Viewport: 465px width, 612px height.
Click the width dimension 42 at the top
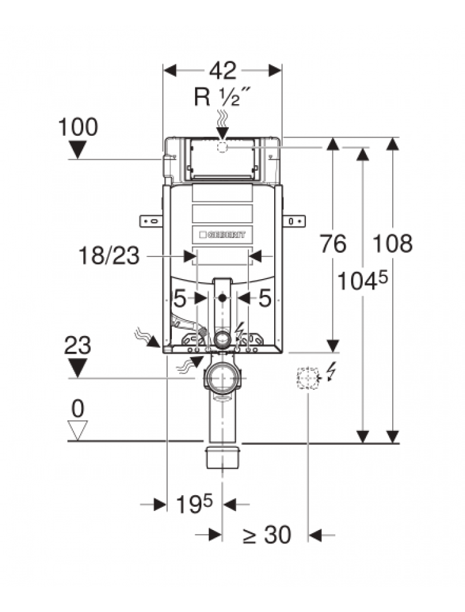point(222,71)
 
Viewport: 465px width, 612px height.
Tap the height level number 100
point(78,128)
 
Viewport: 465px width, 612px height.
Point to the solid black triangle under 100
point(78,149)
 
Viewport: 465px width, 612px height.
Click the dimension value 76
point(333,244)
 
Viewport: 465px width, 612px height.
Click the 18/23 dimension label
point(108,256)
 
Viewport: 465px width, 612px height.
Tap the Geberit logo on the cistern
point(222,234)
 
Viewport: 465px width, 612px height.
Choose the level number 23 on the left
point(78,346)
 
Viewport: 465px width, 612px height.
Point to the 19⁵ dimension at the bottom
point(194,504)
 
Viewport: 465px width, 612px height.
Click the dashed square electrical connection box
point(308,378)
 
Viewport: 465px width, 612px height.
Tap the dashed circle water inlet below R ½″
point(222,147)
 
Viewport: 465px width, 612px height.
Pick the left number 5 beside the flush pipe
point(180,299)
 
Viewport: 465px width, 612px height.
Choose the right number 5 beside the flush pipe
point(264,299)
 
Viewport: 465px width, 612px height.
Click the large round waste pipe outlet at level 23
point(222,378)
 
